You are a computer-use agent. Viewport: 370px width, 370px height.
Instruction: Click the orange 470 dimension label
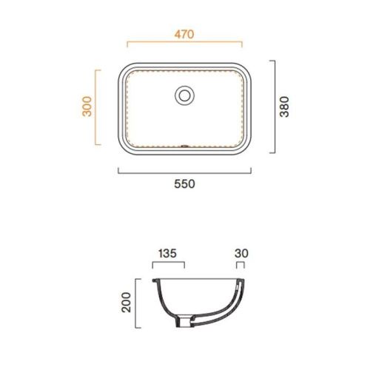184,34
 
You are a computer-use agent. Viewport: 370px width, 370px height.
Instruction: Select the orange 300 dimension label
87,107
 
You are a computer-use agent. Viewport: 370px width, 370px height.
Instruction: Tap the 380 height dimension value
284,107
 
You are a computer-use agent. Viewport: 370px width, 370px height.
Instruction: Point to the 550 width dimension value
184,184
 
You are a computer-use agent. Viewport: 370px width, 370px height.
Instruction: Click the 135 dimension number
167,254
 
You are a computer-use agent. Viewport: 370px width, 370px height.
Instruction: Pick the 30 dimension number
241,254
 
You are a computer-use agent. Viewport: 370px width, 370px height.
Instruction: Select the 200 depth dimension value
127,303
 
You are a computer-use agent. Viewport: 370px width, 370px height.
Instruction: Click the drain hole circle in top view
184,95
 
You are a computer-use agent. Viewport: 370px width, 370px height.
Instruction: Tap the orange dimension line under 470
184,42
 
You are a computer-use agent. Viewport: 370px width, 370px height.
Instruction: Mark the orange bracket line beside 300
95,107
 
